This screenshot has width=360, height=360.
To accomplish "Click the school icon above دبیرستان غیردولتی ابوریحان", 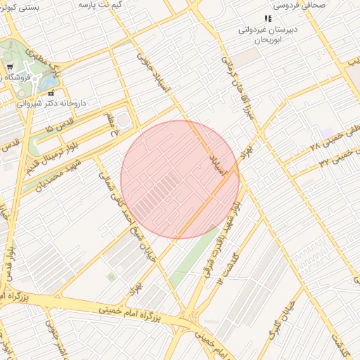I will tap(267, 18).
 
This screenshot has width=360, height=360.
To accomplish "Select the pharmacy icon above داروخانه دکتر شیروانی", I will tap(51, 93).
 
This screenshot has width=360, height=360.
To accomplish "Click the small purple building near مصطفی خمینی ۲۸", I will tap(327, 132).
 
